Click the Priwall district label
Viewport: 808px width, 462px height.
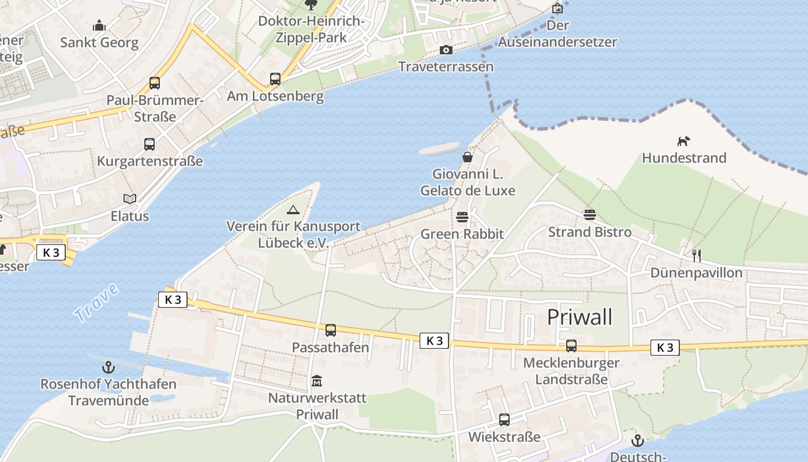pos(579,317)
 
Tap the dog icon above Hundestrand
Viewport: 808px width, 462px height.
pos(684,141)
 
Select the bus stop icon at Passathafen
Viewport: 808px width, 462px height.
pos(330,330)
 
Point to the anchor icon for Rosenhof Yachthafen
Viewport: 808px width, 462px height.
pos(108,367)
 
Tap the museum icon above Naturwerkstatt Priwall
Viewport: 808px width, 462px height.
pos(317,381)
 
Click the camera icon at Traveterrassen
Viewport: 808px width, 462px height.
pos(446,50)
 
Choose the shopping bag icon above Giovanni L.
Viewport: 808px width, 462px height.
pos(467,157)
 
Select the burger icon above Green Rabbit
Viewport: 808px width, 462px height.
pos(462,217)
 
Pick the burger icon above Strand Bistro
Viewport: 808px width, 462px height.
pos(589,215)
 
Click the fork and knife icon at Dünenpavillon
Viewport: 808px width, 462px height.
pos(696,255)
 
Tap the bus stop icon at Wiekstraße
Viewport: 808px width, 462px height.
pos(504,420)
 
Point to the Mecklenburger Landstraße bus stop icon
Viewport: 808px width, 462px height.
pos(571,346)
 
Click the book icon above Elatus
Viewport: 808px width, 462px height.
pos(130,199)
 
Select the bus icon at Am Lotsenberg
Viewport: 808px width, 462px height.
pos(275,79)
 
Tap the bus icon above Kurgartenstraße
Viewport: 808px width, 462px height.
pos(149,144)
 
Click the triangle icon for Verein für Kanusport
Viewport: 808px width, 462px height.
pos(293,210)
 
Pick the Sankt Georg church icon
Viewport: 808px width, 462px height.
pos(99,26)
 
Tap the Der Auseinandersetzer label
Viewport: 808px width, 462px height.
pos(558,33)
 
